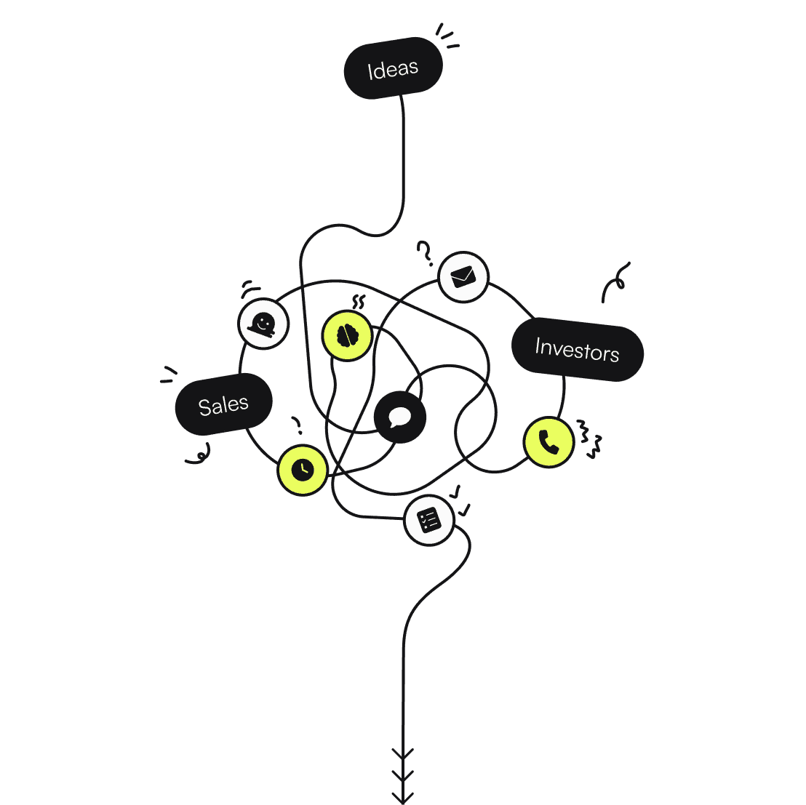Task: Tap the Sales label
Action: pos(223,404)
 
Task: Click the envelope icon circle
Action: pos(463,277)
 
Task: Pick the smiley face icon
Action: pos(263,324)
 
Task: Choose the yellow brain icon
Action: pos(347,335)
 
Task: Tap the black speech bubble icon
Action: pos(399,417)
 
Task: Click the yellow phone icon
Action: pos(548,441)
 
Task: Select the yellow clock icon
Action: pos(302,470)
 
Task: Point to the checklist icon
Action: pos(429,520)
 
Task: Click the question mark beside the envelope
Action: pos(425,253)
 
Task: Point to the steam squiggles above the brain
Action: pos(357,302)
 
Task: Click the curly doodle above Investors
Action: pos(615,282)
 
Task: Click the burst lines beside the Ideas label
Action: pos(447,37)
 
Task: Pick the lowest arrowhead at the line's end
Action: pos(402,796)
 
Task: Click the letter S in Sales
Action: pos(204,408)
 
